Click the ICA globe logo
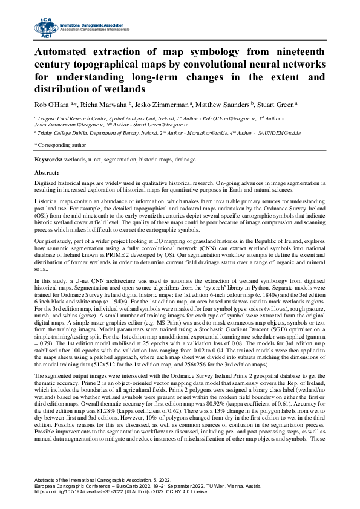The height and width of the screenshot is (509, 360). (45, 25)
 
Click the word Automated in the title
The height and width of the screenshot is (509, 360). (65, 51)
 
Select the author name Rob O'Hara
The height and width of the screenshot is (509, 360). (50, 103)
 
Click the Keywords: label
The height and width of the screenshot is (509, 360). (48, 158)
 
